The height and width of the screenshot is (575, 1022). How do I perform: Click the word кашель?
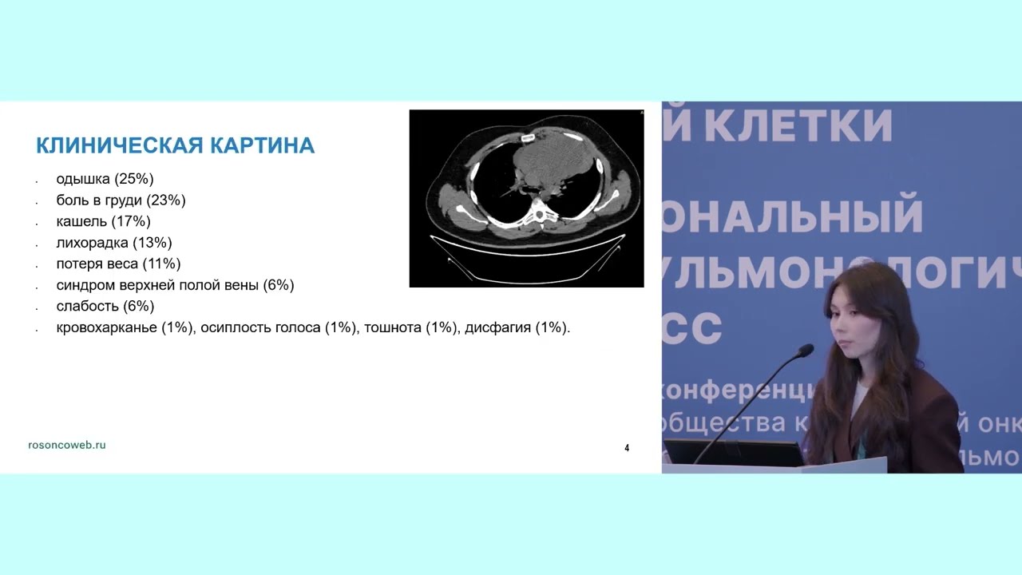81,221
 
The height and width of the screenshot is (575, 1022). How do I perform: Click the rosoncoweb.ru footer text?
66,445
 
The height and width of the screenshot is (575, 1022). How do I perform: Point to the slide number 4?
627,448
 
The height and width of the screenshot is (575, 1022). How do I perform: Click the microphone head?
805,350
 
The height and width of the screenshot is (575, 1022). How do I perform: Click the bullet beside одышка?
38,180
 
